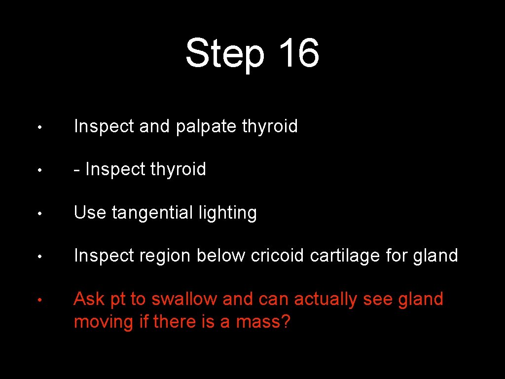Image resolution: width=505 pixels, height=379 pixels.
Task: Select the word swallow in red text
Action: [184, 299]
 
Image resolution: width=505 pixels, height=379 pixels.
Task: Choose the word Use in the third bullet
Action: [90, 213]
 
